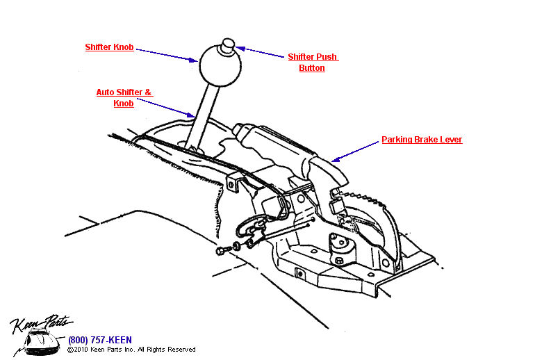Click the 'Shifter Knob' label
tap(109, 47)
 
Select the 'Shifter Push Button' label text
tap(313, 63)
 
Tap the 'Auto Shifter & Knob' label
tap(124, 97)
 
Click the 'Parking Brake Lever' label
tap(422, 140)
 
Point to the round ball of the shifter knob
tap(220, 67)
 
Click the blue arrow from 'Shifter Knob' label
tap(166, 54)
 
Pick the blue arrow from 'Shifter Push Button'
tap(261, 53)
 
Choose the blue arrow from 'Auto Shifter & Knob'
tap(167, 106)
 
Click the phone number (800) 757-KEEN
tap(100, 341)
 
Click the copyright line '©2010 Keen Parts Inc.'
tap(131, 350)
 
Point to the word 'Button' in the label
tap(312, 68)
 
